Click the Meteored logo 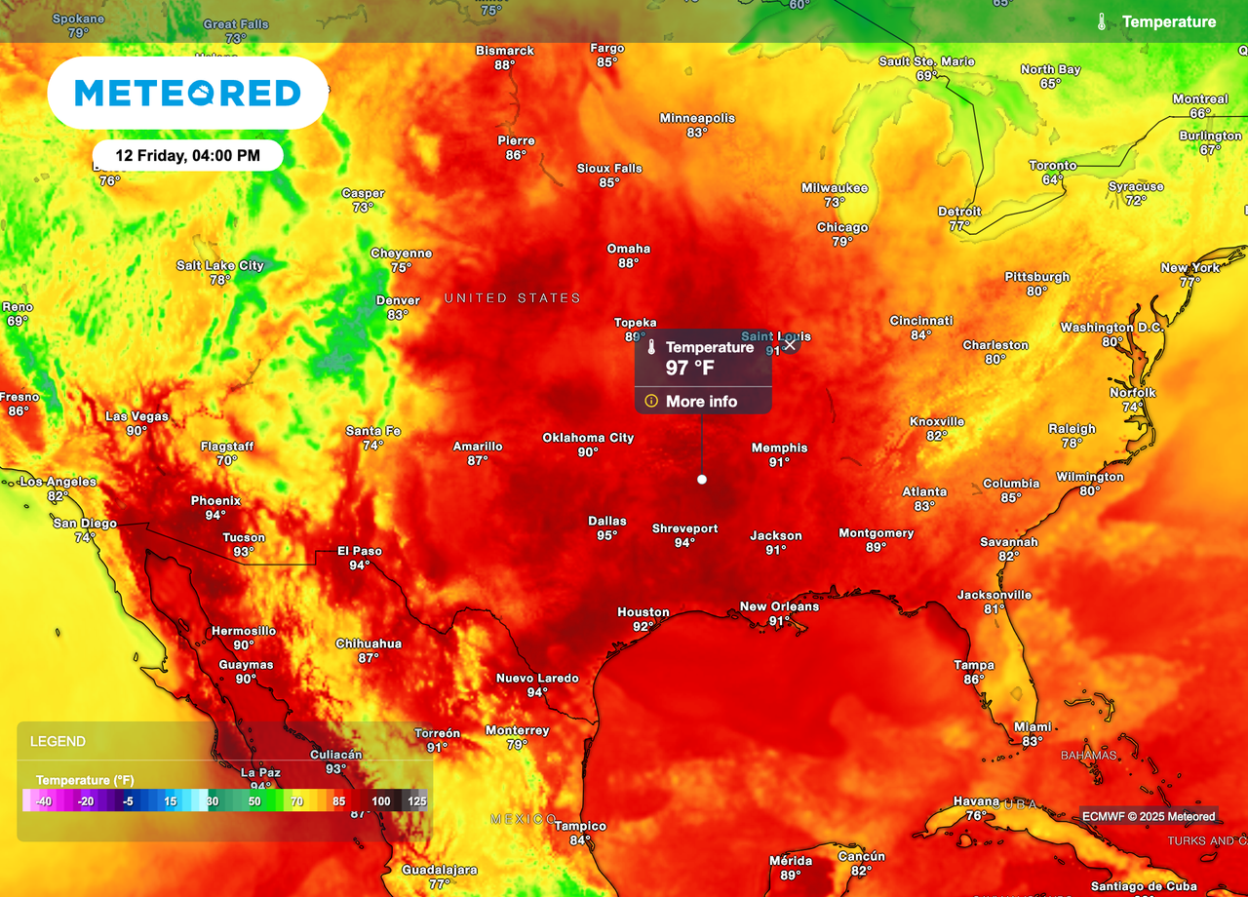[x=187, y=93]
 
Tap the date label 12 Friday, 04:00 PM [x=187, y=155]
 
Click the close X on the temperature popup [x=790, y=344]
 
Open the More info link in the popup [x=701, y=401]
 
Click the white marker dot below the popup [x=701, y=479]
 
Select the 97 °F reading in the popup [x=690, y=368]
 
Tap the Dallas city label [x=606, y=521]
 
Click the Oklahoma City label [x=588, y=438]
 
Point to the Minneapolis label [x=697, y=118]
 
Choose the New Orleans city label [x=779, y=606]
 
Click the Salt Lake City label [x=220, y=265]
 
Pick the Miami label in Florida [x=1033, y=726]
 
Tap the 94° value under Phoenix [x=215, y=515]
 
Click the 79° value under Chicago [x=842, y=242]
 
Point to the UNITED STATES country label [x=513, y=297]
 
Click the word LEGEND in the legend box [x=58, y=741]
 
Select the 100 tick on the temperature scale [x=381, y=801]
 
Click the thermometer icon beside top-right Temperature [x=1101, y=21]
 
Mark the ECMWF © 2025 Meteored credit [x=1149, y=816]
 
